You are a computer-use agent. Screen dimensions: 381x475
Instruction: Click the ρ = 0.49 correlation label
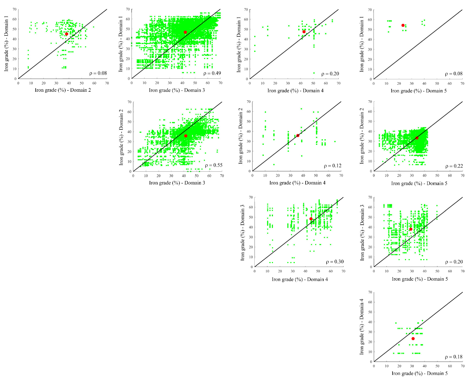212,73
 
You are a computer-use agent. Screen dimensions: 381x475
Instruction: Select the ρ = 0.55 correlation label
214,165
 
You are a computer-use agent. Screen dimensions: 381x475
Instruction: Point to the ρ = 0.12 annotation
332,166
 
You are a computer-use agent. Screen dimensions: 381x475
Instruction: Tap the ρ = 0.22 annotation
454,166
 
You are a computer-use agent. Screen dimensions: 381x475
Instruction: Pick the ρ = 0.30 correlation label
335,262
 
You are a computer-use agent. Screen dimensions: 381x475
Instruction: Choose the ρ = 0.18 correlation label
454,357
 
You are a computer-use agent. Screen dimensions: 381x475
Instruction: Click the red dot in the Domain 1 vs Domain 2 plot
67,34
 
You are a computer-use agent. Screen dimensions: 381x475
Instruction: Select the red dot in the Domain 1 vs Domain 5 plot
403,25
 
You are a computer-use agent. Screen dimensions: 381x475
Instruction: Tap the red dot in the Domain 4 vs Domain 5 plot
413,339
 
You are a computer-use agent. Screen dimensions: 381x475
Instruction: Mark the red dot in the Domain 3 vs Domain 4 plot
311,219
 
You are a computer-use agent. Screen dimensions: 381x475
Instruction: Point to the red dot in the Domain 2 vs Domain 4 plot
298,135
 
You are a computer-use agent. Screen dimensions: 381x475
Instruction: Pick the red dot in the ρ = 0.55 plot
186,136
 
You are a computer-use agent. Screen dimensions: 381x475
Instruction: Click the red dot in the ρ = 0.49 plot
185,32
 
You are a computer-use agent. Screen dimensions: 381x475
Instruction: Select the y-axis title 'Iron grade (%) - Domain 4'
362,327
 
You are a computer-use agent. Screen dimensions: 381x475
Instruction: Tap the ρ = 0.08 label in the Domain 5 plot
454,74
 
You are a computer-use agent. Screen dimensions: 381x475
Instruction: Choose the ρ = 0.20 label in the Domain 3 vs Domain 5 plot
454,262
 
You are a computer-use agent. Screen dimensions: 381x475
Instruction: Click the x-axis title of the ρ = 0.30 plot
300,279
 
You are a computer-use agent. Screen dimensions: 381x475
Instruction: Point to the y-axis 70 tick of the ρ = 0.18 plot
370,292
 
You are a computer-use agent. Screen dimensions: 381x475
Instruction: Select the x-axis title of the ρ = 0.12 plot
297,183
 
